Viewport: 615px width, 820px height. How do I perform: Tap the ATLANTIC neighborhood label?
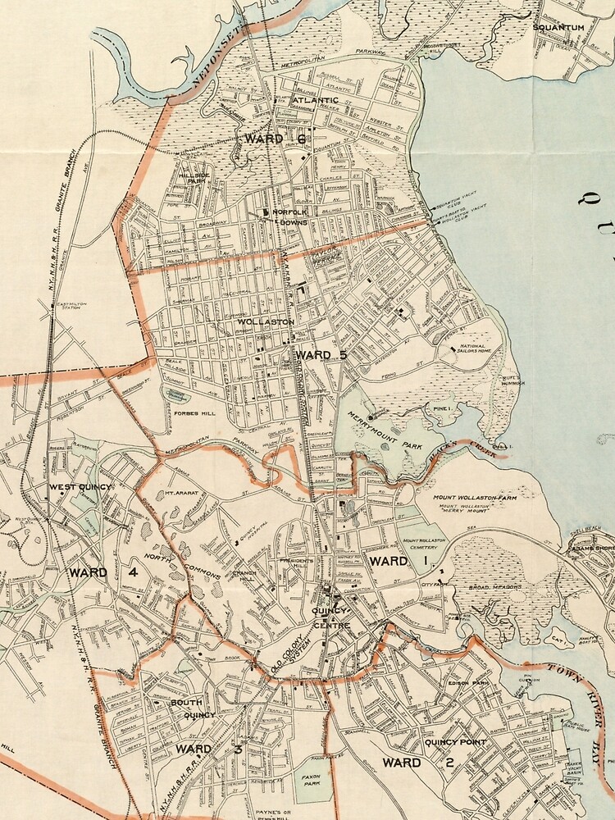pyautogui.click(x=315, y=100)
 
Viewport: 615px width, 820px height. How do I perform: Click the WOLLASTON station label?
pyautogui.click(x=266, y=322)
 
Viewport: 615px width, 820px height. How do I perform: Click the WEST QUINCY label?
pyautogui.click(x=80, y=488)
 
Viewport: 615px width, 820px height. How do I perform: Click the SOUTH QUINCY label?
pyautogui.click(x=192, y=708)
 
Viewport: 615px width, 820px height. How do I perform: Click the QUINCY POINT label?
pyautogui.click(x=455, y=742)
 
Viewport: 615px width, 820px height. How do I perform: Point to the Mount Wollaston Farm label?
pyautogui.click(x=470, y=497)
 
